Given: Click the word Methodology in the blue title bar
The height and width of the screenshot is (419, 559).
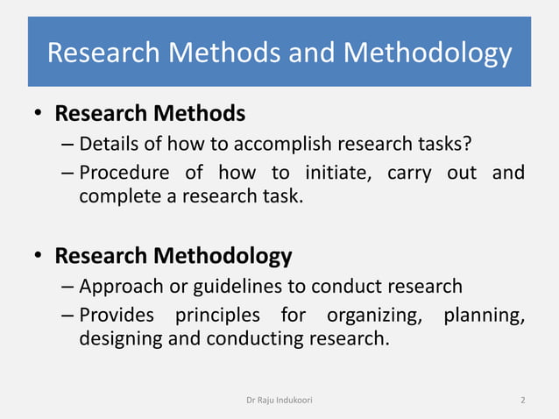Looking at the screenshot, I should pos(428,53).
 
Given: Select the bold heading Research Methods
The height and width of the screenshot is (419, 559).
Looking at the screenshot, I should pos(150,114).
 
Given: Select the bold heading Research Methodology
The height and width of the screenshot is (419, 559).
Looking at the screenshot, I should pos(173,256).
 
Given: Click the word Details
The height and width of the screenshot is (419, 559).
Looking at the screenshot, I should pos(109,144).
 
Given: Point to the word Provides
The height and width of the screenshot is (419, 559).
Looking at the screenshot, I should pos(117,315).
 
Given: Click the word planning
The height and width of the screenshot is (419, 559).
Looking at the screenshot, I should pos(484,315).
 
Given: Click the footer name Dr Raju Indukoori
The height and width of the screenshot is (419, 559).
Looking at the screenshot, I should pos(279,400).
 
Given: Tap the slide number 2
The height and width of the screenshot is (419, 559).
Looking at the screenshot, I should pos(522,400).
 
